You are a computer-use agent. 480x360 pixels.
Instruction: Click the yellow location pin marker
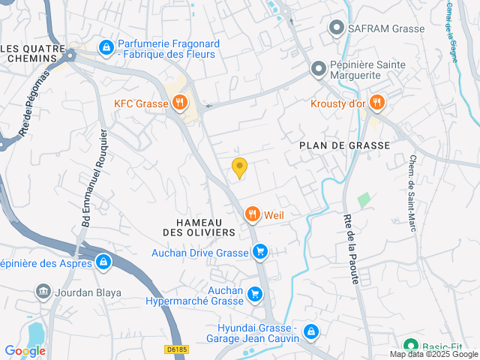pyautogui.click(x=240, y=168)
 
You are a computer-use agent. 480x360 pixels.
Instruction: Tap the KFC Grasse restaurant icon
pyautogui.click(x=178, y=103)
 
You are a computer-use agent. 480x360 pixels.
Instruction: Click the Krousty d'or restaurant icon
pyautogui.click(x=376, y=103)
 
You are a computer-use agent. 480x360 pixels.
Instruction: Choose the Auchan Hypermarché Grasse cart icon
pyautogui.click(x=255, y=294)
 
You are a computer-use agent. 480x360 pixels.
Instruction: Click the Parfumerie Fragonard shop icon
pyautogui.click(x=107, y=47)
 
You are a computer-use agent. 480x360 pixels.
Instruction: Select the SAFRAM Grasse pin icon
pyautogui.click(x=337, y=28)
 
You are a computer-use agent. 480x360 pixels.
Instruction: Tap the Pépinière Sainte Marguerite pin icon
pyautogui.click(x=319, y=70)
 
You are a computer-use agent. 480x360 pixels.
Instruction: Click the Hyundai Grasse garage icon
pyautogui.click(x=311, y=331)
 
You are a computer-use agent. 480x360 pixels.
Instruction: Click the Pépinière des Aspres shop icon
pyautogui.click(x=103, y=262)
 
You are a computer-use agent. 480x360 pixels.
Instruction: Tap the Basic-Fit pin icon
pyautogui.click(x=410, y=347)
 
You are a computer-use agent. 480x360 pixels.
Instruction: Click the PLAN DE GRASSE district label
pyautogui.click(x=344, y=145)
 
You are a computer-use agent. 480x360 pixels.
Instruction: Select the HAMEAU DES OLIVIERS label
pyautogui.click(x=195, y=228)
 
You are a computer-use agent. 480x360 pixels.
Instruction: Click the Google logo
pyautogui.click(x=25, y=350)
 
